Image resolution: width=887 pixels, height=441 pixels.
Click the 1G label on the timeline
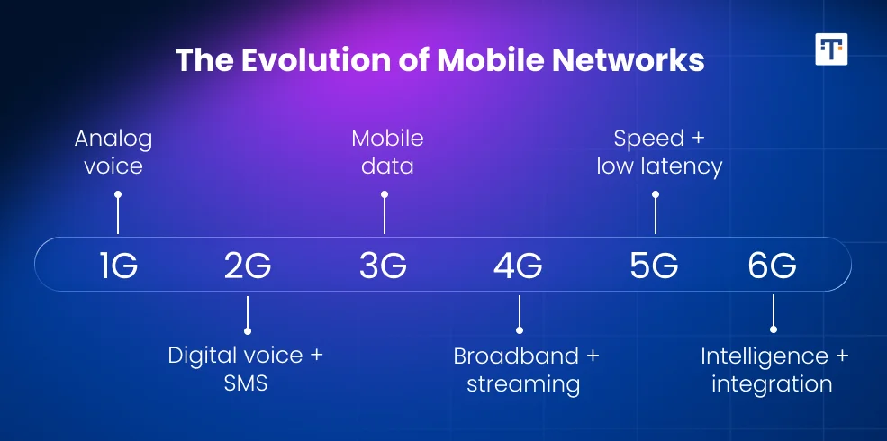(x=118, y=265)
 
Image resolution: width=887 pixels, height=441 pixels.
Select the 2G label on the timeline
(x=248, y=265)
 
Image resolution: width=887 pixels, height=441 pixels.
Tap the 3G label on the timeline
(x=383, y=265)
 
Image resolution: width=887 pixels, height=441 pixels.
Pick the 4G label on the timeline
(x=518, y=265)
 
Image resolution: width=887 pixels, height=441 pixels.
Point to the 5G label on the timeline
(x=654, y=265)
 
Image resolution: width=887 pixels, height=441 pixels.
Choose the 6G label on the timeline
(x=772, y=265)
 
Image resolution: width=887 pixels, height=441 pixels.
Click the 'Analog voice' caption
(x=113, y=153)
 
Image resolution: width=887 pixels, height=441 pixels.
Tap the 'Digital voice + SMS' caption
(x=246, y=369)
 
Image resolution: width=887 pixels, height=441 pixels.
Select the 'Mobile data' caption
(x=386, y=153)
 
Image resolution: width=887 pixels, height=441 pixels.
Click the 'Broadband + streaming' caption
(x=525, y=369)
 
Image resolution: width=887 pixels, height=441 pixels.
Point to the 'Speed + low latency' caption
(x=659, y=153)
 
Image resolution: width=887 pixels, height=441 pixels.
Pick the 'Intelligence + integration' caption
(x=774, y=369)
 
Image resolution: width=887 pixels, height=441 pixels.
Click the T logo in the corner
(x=831, y=49)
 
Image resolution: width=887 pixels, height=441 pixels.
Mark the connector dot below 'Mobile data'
(x=385, y=194)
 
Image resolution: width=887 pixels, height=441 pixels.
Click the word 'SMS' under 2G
(x=246, y=383)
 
